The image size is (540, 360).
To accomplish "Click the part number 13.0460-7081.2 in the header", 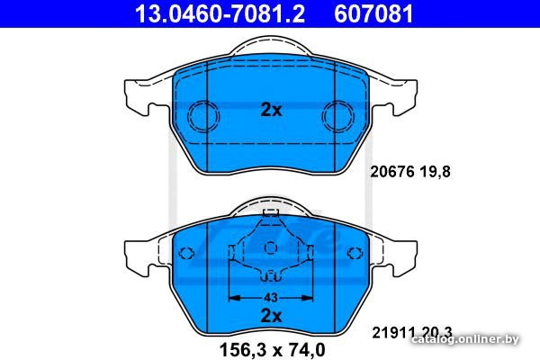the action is click(220, 13).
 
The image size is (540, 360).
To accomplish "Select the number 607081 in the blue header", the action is click(373, 13).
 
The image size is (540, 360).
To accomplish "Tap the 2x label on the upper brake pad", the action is click(271, 110).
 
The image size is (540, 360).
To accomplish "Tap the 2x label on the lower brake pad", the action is click(271, 316).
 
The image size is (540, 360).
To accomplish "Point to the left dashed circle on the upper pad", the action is click(203, 116).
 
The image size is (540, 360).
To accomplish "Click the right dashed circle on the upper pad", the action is click(338, 116).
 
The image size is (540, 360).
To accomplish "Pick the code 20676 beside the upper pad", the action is click(391, 172).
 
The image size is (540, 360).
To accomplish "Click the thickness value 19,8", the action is click(435, 172).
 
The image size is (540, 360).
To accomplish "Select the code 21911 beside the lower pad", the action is click(393, 333).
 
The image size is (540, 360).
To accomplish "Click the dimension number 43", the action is click(271, 297).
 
